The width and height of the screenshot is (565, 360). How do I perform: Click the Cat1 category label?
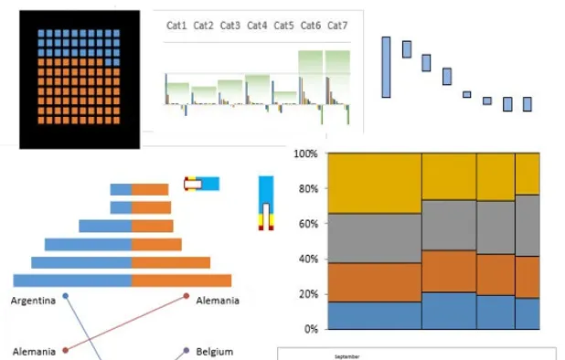[177, 26]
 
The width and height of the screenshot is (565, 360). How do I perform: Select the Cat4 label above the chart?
[258, 26]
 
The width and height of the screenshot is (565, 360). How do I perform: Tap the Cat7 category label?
[337, 26]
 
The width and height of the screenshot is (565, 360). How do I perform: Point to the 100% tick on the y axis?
[305, 154]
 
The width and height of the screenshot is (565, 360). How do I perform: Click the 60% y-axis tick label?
[307, 224]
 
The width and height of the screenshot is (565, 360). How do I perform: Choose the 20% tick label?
[307, 294]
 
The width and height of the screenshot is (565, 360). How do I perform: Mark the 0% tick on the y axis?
[310, 329]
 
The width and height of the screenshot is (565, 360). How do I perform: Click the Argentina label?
[35, 301]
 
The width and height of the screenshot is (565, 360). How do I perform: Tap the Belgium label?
[215, 351]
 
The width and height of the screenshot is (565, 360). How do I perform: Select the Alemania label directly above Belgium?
[218, 301]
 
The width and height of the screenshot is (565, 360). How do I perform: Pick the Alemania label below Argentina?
[35, 351]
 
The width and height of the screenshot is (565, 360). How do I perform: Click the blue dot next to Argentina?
[66, 297]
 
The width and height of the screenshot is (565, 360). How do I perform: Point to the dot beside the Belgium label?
[187, 349]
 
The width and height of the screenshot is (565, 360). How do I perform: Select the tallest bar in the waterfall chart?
[387, 67]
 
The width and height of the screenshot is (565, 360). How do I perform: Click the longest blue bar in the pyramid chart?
[72, 280]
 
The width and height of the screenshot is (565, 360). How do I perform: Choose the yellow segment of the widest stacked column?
[374, 183]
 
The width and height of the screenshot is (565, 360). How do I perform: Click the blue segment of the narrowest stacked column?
[528, 312]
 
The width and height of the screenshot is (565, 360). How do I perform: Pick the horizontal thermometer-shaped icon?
[201, 184]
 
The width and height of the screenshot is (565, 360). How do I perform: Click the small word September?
[346, 355]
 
